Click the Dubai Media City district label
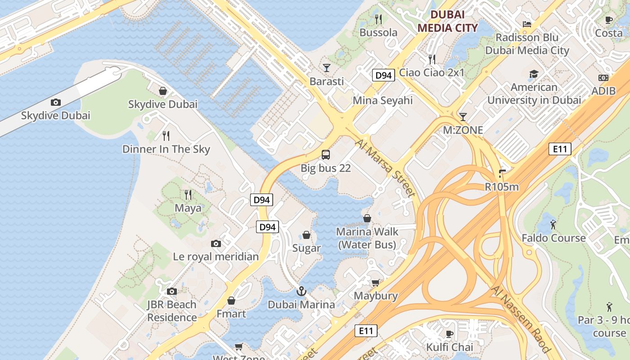click(447, 21)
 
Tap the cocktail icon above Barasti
click(327, 68)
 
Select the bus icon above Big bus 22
click(326, 155)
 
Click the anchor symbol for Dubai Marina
click(301, 291)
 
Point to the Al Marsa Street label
click(385, 168)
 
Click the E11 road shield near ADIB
click(560, 149)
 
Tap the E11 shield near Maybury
click(365, 331)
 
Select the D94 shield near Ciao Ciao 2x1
click(383, 75)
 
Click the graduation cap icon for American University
click(534, 74)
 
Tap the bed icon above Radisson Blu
click(527, 24)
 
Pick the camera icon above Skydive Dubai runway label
click(56, 102)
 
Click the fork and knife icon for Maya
click(188, 195)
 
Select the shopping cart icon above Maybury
click(375, 283)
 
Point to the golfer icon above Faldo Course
click(553, 224)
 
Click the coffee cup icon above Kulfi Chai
click(449, 333)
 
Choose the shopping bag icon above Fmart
click(231, 300)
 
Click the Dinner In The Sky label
click(166, 149)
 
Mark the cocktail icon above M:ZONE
click(463, 117)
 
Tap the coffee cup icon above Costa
click(609, 19)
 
